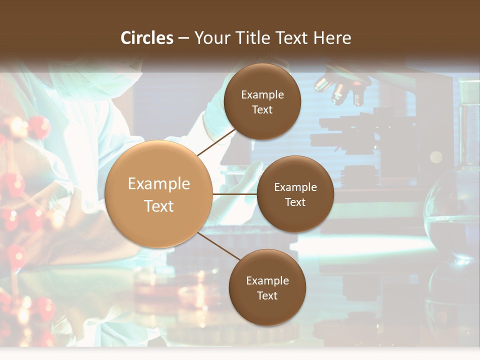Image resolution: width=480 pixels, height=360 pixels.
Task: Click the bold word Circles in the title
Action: [x=147, y=38]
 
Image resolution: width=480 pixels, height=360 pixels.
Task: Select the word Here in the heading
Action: [x=332, y=38]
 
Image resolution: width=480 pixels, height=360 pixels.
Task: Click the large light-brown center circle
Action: [x=159, y=194]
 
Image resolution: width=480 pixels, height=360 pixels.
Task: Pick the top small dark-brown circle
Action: [x=262, y=101]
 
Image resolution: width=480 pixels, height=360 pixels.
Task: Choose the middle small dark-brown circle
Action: [x=295, y=194]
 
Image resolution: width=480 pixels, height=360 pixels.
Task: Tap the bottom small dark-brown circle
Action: [x=267, y=287]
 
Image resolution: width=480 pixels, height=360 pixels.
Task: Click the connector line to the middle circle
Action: [x=235, y=194]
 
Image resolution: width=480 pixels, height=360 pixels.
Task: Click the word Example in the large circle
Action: [x=159, y=183]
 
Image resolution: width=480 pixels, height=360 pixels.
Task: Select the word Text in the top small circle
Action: [x=262, y=109]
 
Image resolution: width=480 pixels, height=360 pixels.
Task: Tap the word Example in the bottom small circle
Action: [x=267, y=280]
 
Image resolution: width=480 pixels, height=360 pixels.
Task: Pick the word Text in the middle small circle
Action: [x=295, y=202]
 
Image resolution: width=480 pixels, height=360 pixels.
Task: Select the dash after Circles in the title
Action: [x=183, y=38]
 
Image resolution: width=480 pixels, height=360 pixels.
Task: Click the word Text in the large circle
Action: [x=159, y=205]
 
